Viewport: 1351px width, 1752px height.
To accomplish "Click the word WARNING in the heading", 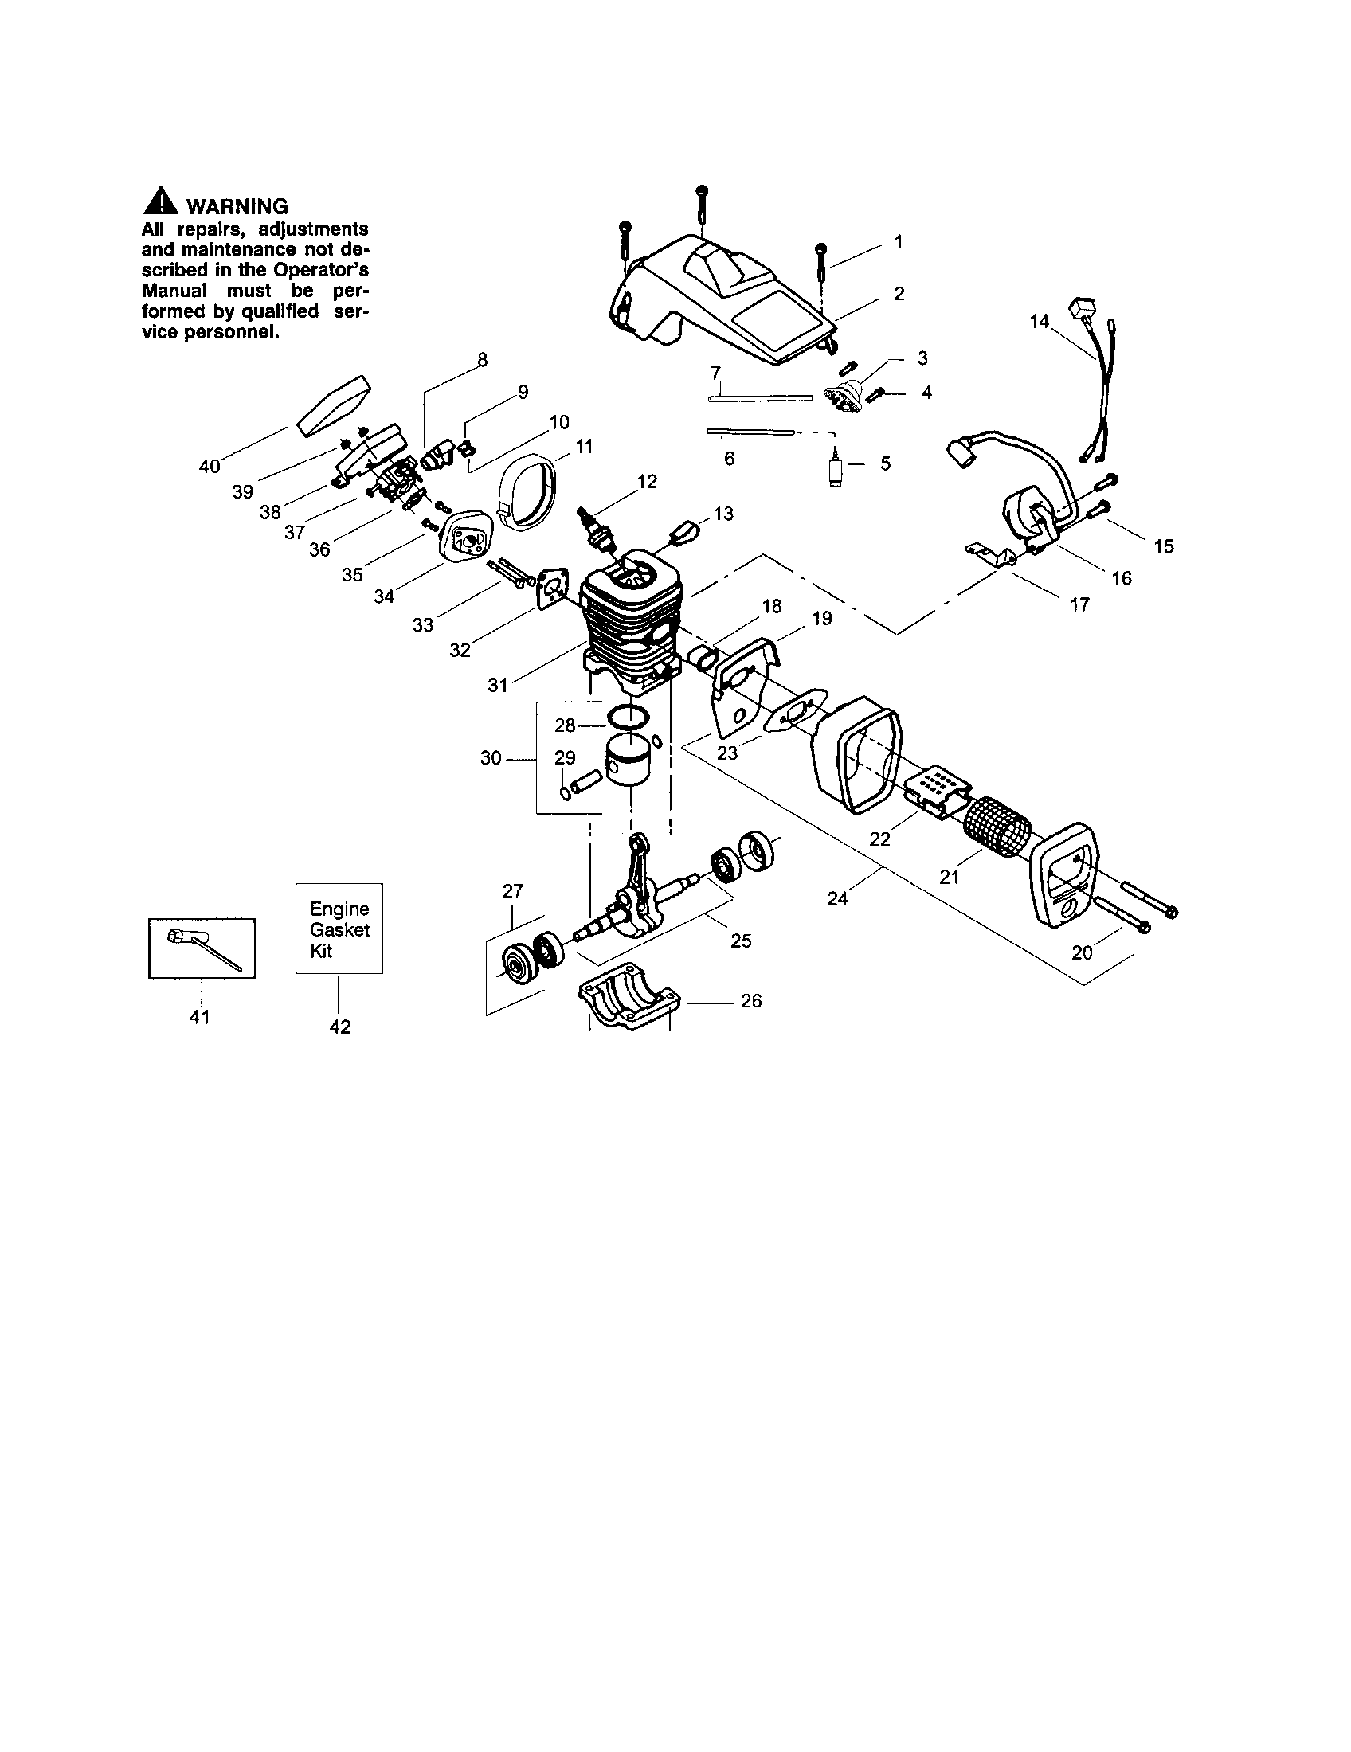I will [x=237, y=207].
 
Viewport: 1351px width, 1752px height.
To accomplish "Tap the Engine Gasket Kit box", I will [x=339, y=929].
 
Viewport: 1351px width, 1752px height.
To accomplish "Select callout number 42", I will [x=340, y=1027].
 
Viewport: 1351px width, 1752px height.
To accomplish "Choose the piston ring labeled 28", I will [x=628, y=717].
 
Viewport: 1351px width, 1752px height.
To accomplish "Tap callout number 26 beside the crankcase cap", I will [x=751, y=1001].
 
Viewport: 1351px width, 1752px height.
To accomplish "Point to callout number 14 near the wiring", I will [x=1040, y=322].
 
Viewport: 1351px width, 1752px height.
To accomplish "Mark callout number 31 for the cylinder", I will [x=498, y=685].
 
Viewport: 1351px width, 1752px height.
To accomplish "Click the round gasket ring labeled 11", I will [x=526, y=495].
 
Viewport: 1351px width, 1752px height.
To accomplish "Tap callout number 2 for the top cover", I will [x=899, y=294].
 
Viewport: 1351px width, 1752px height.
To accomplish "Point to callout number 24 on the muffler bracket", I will [x=836, y=899].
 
